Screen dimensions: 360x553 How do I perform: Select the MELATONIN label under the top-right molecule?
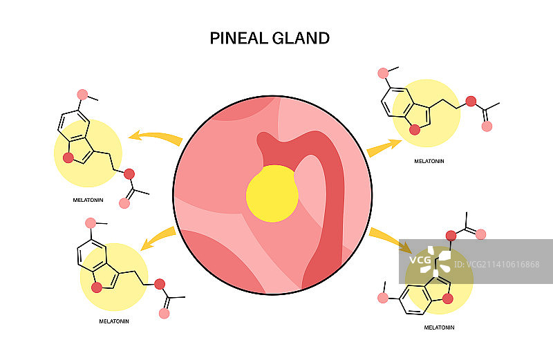[429, 160]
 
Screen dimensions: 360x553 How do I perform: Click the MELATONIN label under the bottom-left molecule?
[114, 321]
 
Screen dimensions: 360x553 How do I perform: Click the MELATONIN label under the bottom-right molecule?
[439, 327]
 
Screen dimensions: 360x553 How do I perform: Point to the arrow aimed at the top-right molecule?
[384, 147]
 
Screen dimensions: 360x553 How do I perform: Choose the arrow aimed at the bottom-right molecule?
[389, 238]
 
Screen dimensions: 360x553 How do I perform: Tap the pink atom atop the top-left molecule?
[83, 94]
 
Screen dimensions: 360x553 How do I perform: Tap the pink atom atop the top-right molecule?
[384, 73]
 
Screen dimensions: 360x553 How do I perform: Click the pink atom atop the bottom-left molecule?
[91, 222]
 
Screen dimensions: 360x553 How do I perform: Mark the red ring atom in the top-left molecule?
[68, 158]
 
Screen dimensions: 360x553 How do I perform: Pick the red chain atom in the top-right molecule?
[471, 102]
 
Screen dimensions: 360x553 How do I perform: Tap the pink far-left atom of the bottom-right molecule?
[383, 298]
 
